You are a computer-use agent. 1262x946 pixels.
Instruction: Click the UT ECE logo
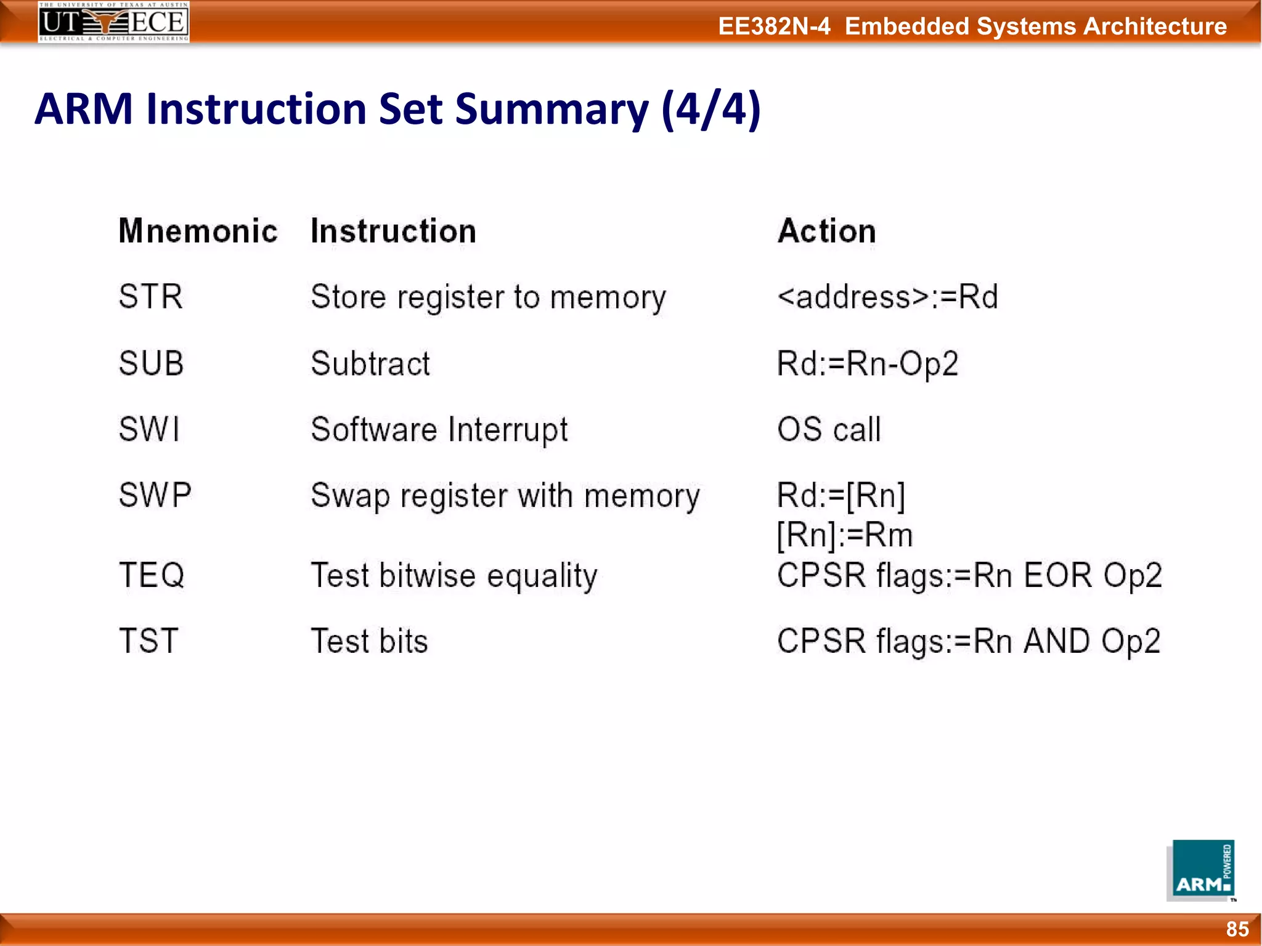click(113, 22)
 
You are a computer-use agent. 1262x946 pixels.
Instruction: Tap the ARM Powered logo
click(1200, 870)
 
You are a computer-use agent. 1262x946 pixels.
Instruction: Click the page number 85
click(1237, 929)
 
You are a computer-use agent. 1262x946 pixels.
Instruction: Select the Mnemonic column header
click(198, 231)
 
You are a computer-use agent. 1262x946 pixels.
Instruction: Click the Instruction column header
click(393, 231)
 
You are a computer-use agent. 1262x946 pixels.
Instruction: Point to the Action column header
click(826, 231)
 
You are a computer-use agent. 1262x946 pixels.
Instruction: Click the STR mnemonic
click(150, 296)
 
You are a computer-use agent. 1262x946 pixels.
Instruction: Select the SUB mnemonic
click(151, 363)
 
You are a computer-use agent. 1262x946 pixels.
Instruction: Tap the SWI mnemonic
click(149, 429)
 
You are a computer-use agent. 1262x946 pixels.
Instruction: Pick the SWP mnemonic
click(155, 495)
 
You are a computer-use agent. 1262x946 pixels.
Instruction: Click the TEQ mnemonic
click(152, 575)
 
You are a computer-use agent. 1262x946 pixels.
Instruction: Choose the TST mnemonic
click(149, 641)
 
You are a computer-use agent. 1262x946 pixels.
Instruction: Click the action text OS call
click(829, 429)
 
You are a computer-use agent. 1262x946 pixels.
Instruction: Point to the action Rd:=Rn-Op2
click(867, 363)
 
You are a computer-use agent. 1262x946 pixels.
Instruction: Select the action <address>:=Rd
click(887, 296)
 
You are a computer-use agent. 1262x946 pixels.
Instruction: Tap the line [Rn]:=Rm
click(844, 535)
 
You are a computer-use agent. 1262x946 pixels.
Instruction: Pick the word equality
click(542, 576)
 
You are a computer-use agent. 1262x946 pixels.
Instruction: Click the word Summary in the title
click(552, 109)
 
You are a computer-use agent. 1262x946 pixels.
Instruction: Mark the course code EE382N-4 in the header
click(774, 26)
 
